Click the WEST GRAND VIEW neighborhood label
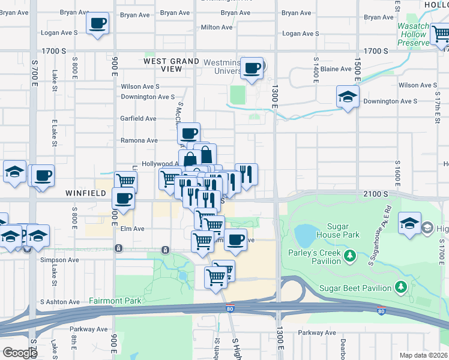pos(171,65)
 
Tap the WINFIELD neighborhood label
pos(86,193)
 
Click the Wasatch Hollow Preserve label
pos(413,34)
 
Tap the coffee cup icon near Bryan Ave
pos(98,24)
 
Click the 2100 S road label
pos(377,194)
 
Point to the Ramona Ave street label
pos(139,140)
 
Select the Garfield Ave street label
pos(139,119)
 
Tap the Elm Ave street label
pos(131,229)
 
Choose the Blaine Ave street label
pos(336,69)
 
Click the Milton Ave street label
pos(217,27)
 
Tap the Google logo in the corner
pos(20,352)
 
